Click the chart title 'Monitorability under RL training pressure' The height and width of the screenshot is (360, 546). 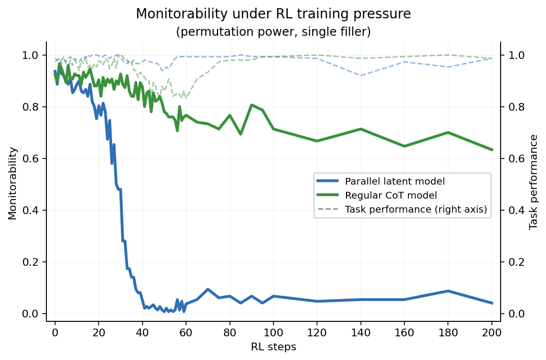pos(273,14)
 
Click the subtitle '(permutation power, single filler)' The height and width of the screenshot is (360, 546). pos(273,32)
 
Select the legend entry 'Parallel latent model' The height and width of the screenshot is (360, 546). pos(395,181)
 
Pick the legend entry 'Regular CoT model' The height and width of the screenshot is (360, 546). pos(391,195)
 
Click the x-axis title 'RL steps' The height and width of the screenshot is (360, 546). pos(273,347)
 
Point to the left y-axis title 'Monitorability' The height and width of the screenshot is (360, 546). pos(13,184)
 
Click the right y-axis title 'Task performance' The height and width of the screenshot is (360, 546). pos(533,183)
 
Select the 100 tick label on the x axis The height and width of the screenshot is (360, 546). pos(273,333)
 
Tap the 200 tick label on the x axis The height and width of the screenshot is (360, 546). pos(492,333)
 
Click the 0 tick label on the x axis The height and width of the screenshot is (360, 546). pos(55,333)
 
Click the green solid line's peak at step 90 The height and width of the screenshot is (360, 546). pos(251,104)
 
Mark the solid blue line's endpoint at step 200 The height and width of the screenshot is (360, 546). pos(492,303)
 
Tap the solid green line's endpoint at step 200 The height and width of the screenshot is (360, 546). pos(492,150)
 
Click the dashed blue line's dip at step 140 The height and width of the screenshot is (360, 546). pos(361,75)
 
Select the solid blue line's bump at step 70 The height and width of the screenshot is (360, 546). pos(208,289)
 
